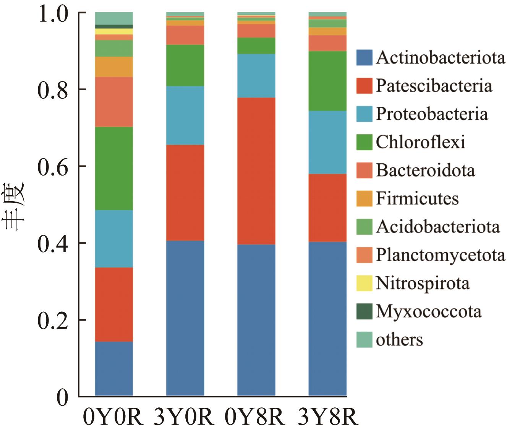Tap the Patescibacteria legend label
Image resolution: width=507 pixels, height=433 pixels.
(434, 86)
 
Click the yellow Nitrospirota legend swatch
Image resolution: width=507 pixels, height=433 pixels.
(364, 283)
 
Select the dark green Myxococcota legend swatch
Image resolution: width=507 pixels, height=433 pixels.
(364, 311)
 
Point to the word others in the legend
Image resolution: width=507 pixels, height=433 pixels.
(399, 340)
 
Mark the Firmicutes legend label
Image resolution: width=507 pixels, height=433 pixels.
(417, 199)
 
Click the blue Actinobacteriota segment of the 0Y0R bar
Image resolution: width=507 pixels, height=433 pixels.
(114, 368)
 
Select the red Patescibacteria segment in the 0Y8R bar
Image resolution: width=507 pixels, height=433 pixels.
(256, 171)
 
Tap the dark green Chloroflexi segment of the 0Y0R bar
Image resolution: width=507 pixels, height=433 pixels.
(114, 168)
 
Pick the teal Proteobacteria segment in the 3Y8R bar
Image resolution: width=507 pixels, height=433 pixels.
(327, 142)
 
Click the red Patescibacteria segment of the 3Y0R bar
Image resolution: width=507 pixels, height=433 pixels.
(185, 192)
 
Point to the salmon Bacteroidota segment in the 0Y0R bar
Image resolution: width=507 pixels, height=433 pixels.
(114, 102)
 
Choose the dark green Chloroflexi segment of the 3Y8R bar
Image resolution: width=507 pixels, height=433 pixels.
(327, 81)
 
